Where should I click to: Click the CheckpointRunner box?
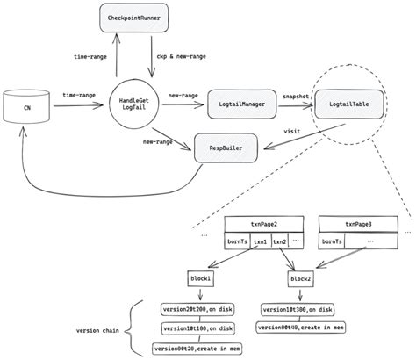tap(147, 18)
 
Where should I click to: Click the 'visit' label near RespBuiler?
tap(293, 131)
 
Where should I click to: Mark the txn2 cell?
tap(278, 241)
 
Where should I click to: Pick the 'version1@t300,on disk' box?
tap(296, 309)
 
